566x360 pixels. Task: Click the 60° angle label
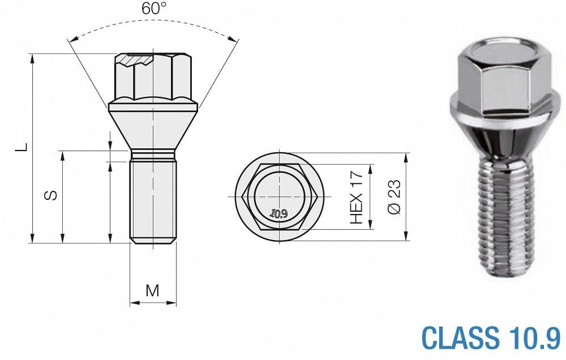154,8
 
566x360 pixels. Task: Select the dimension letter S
50,195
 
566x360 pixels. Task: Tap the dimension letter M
153,290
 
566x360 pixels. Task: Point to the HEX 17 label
357,197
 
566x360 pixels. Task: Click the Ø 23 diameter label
394,197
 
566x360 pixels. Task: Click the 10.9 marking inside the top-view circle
278,214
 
